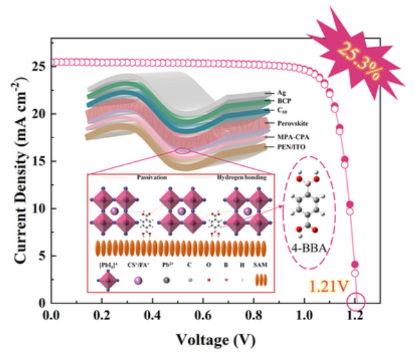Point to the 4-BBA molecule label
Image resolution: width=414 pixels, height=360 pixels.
pos(307,246)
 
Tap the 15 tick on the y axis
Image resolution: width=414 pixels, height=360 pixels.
pos(39,161)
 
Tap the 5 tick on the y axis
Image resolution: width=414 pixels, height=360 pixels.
pos(41,255)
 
